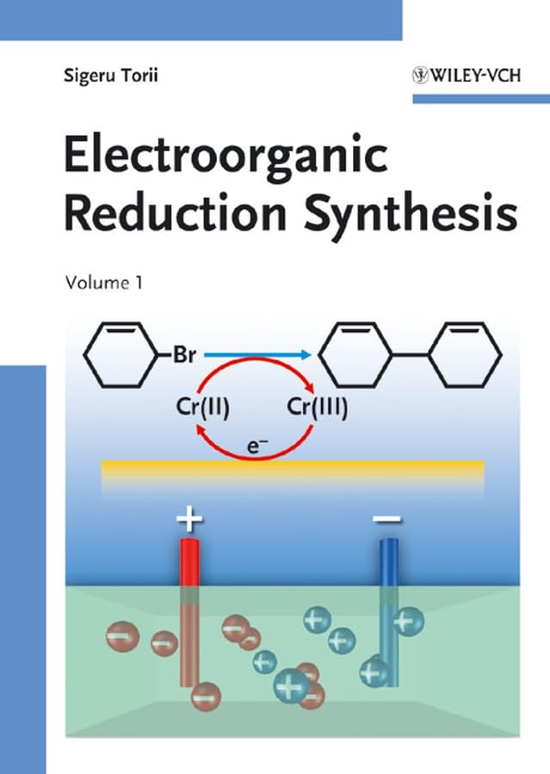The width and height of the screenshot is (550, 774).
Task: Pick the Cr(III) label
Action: (x=318, y=408)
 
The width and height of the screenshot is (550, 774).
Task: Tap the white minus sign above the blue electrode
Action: (x=387, y=519)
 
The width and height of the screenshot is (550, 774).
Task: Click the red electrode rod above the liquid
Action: (x=189, y=562)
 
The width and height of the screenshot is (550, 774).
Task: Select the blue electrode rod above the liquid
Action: (x=389, y=562)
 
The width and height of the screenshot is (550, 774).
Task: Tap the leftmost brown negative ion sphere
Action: (x=121, y=636)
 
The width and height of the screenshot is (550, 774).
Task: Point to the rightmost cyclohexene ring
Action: (x=466, y=353)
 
